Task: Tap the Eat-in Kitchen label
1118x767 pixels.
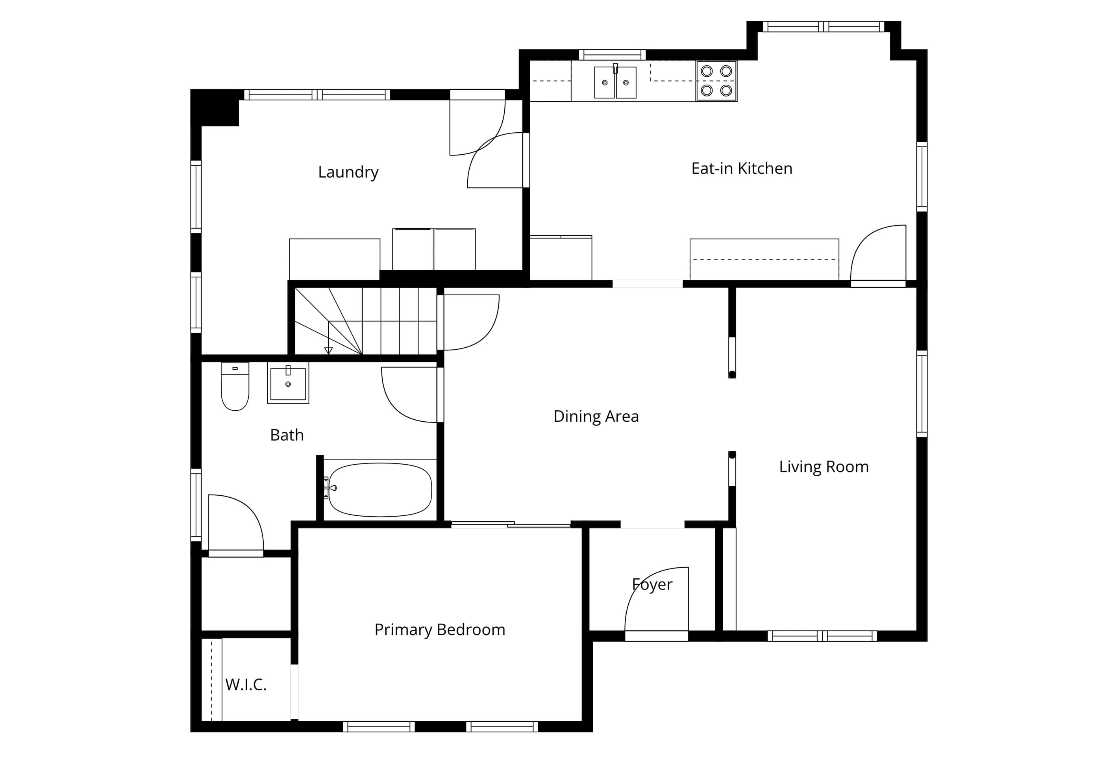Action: click(x=742, y=169)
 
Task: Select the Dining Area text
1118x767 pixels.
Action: click(x=596, y=416)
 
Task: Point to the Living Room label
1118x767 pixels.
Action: click(x=824, y=467)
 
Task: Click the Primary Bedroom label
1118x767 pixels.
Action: click(x=440, y=630)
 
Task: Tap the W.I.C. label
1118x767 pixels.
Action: click(x=246, y=684)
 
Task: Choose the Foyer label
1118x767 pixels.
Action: click(x=652, y=585)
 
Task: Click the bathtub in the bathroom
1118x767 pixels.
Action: click(x=380, y=490)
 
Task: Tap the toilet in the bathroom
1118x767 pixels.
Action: click(x=235, y=386)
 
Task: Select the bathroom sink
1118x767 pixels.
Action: click(x=288, y=383)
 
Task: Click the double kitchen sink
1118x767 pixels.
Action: click(x=615, y=82)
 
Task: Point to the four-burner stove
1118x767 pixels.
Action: click(x=716, y=81)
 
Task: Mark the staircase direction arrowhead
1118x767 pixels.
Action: click(x=329, y=350)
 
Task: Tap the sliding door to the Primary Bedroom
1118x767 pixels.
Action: click(x=511, y=524)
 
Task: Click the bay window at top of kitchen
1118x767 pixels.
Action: click(x=824, y=26)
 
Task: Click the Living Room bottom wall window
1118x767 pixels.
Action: click(x=822, y=636)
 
